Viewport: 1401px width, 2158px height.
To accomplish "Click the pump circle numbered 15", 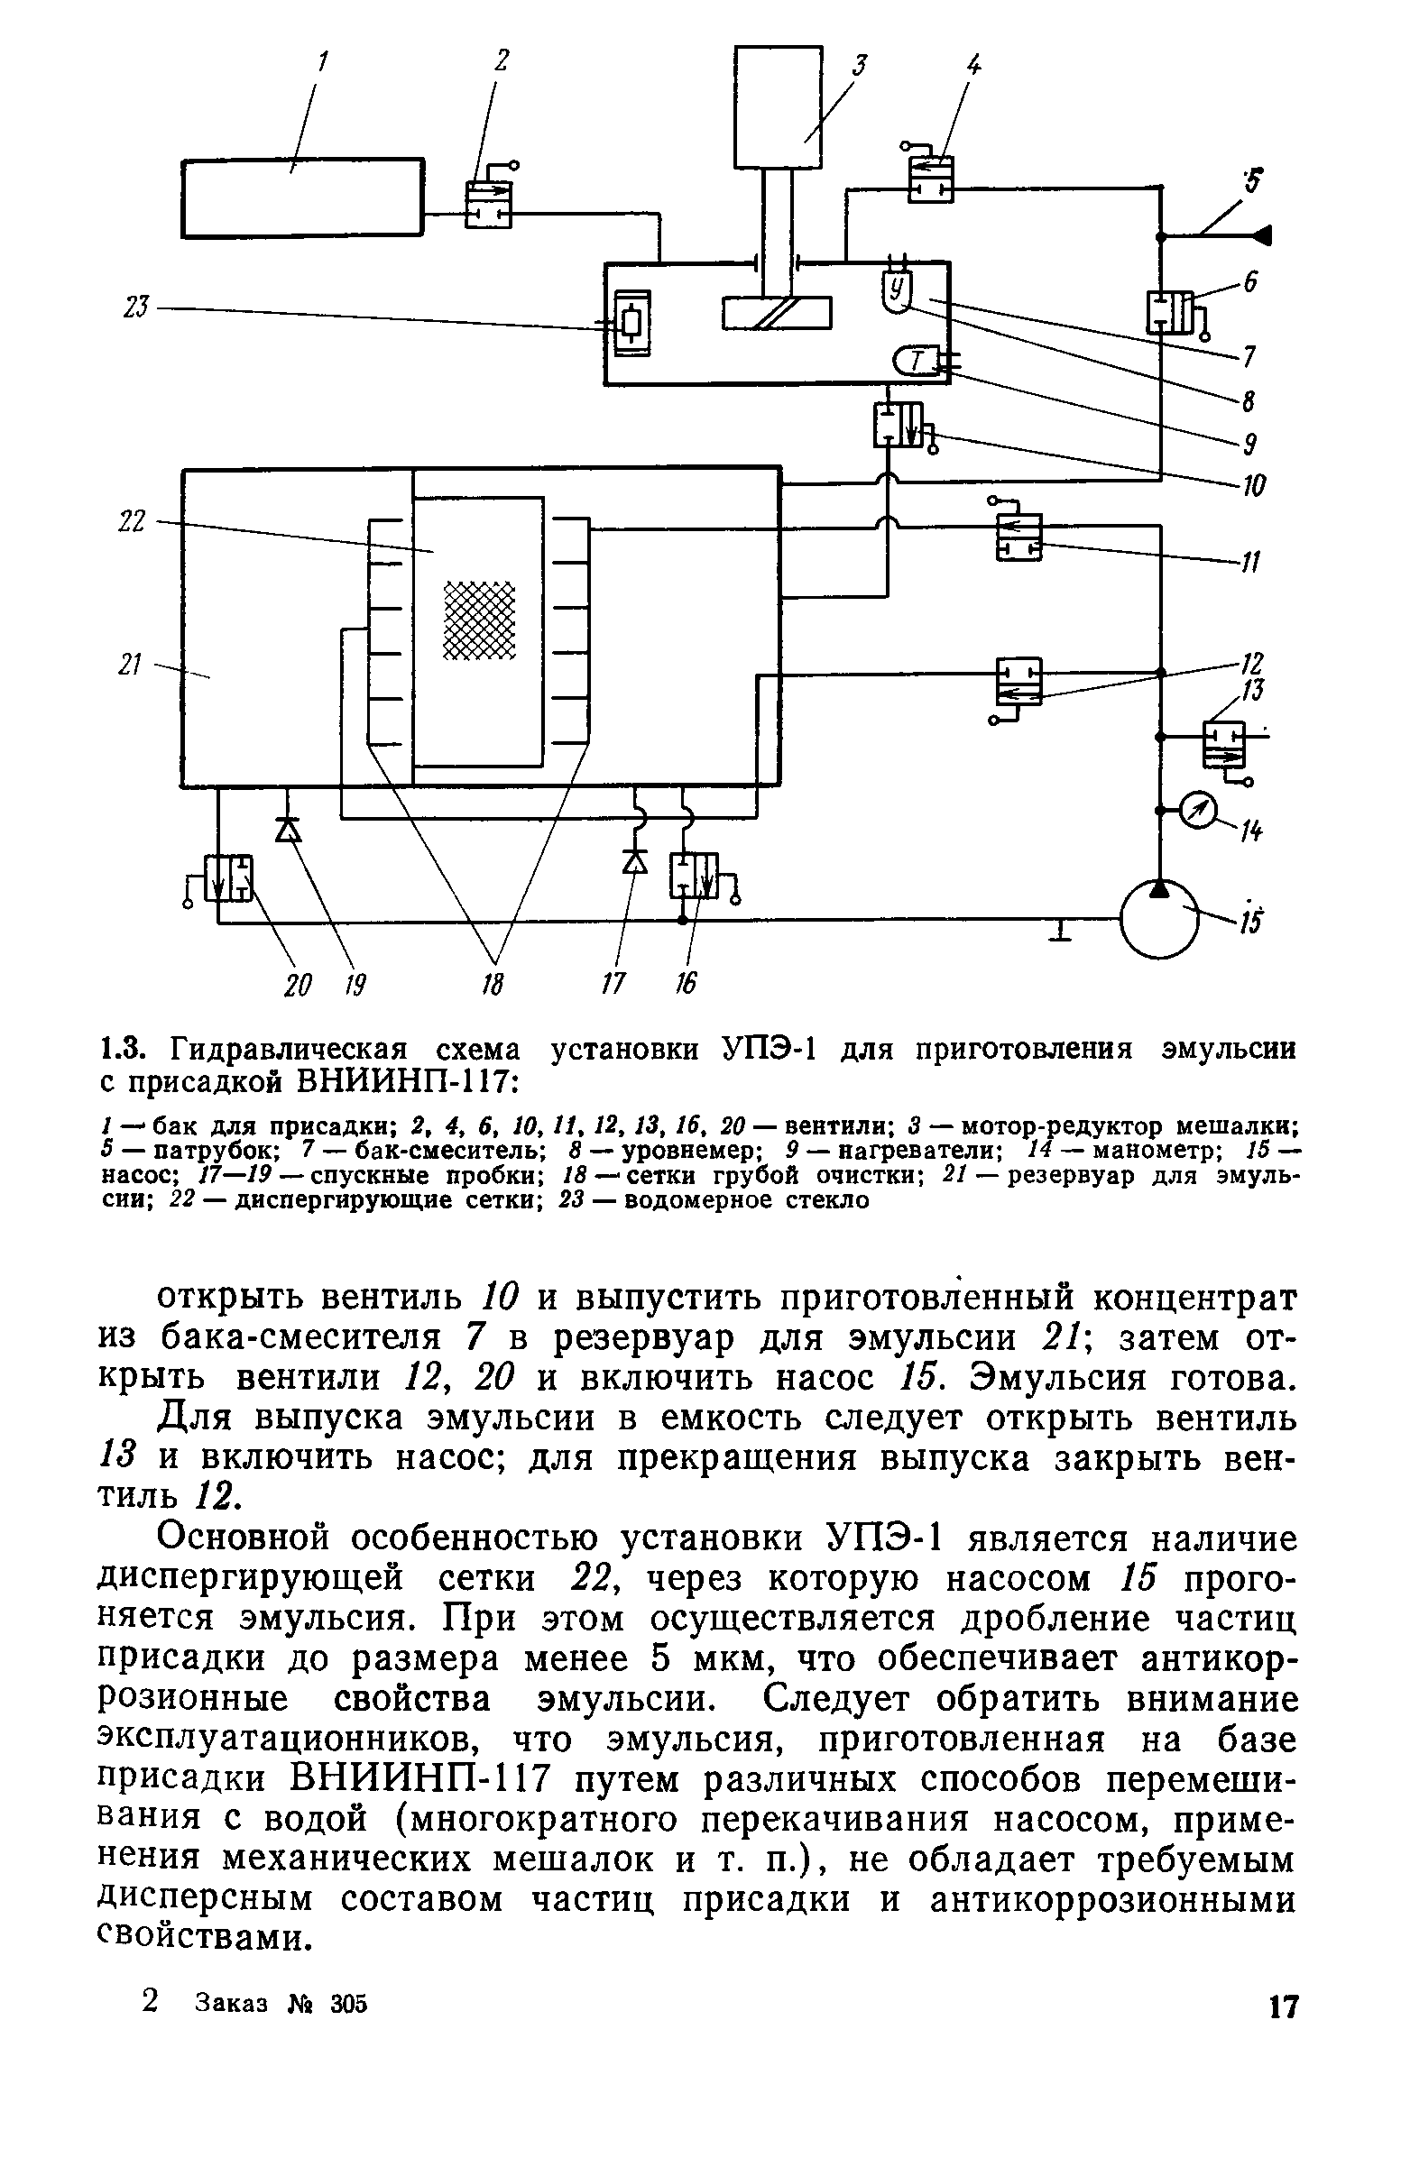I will click(x=1159, y=919).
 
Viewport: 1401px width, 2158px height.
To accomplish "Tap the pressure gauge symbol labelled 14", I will click(x=1201, y=812).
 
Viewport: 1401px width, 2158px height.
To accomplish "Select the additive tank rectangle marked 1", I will click(x=303, y=197).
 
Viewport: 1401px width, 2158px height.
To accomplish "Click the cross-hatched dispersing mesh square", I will click(x=478, y=620).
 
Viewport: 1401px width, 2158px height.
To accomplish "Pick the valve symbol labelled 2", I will click(x=488, y=204).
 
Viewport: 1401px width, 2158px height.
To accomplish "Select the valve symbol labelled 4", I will click(x=930, y=179).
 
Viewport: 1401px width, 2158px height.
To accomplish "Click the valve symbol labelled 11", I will click(x=1018, y=537).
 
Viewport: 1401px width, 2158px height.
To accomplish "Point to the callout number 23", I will click(x=135, y=308).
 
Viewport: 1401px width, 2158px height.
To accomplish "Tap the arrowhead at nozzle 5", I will click(x=1261, y=235).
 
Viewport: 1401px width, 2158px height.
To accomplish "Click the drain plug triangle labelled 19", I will click(x=289, y=830).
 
